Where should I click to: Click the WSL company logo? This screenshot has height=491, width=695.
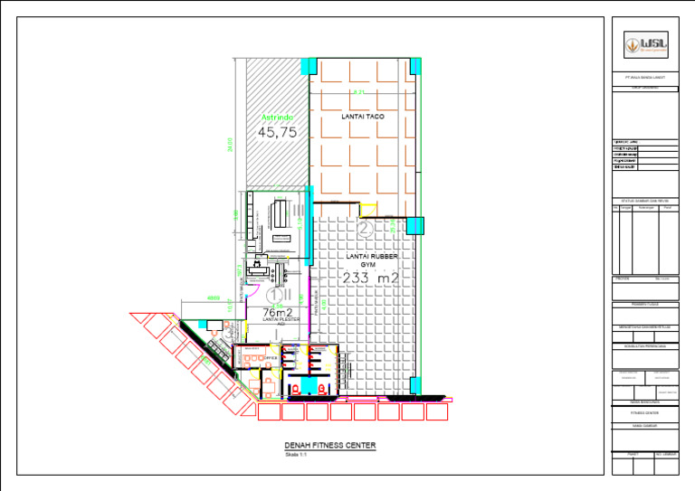pyautogui.click(x=643, y=44)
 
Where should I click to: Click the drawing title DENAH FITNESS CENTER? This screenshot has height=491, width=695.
pyautogui.click(x=329, y=446)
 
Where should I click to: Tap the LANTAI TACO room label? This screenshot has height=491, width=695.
pyautogui.click(x=364, y=118)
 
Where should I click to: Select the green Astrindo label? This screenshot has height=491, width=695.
pyautogui.click(x=278, y=118)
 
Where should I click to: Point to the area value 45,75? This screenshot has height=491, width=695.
pyautogui.click(x=278, y=132)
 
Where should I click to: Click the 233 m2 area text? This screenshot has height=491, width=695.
pyautogui.click(x=371, y=278)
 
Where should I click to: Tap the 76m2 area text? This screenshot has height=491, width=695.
pyautogui.click(x=276, y=312)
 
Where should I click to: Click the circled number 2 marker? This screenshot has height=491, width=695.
pyautogui.click(x=365, y=230)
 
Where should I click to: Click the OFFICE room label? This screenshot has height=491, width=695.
pyautogui.click(x=270, y=359)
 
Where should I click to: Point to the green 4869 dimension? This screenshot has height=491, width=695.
pyautogui.click(x=214, y=297)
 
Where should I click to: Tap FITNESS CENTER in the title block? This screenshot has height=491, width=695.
pyautogui.click(x=643, y=411)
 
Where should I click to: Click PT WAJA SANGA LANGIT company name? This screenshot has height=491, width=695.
pyautogui.click(x=643, y=80)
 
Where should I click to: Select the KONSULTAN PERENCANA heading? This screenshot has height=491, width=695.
pyautogui.click(x=643, y=345)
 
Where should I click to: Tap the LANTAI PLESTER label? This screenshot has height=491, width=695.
pyautogui.click(x=274, y=319)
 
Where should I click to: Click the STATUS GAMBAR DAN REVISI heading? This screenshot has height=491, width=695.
pyautogui.click(x=643, y=200)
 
